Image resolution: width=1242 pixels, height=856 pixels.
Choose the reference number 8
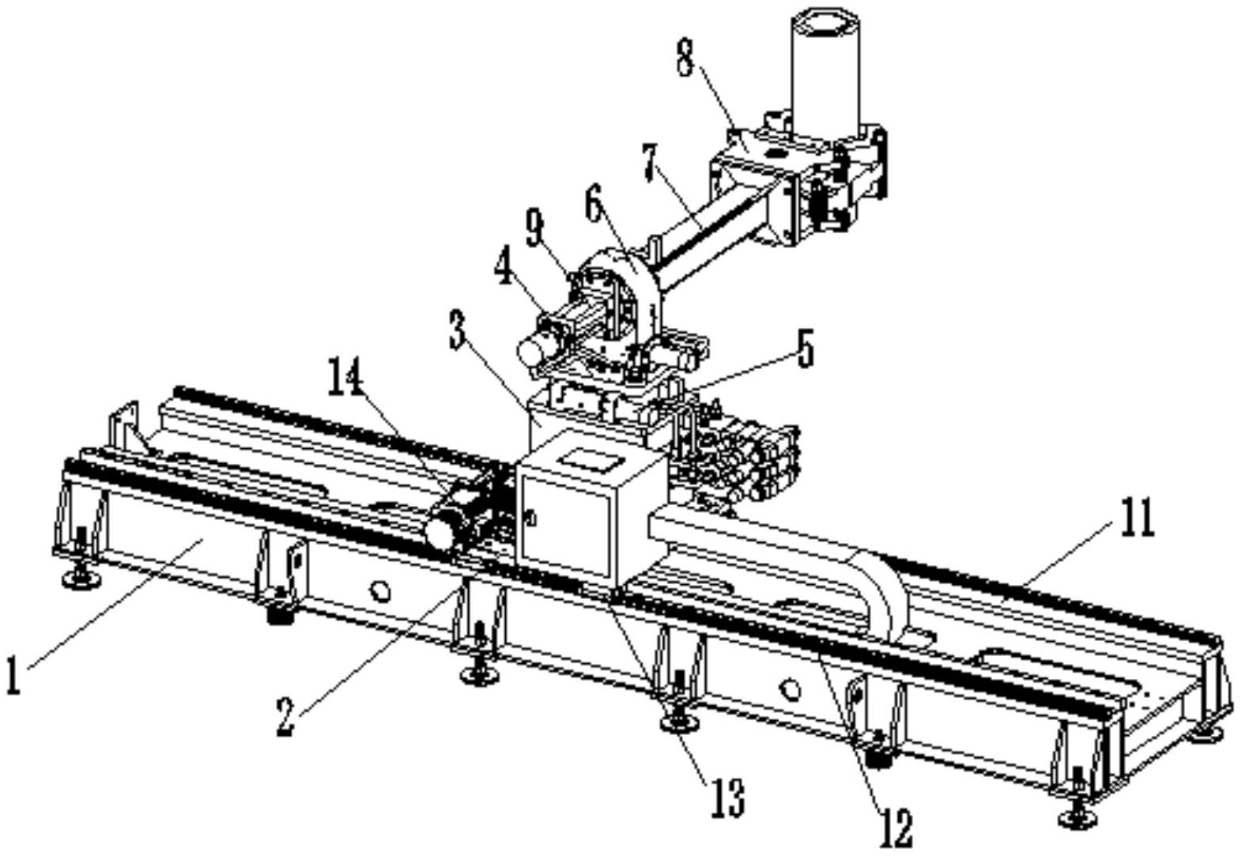(x=685, y=58)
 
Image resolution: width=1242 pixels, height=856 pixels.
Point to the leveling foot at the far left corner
(x=80, y=580)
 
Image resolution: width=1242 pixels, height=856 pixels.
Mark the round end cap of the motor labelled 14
(x=441, y=532)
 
